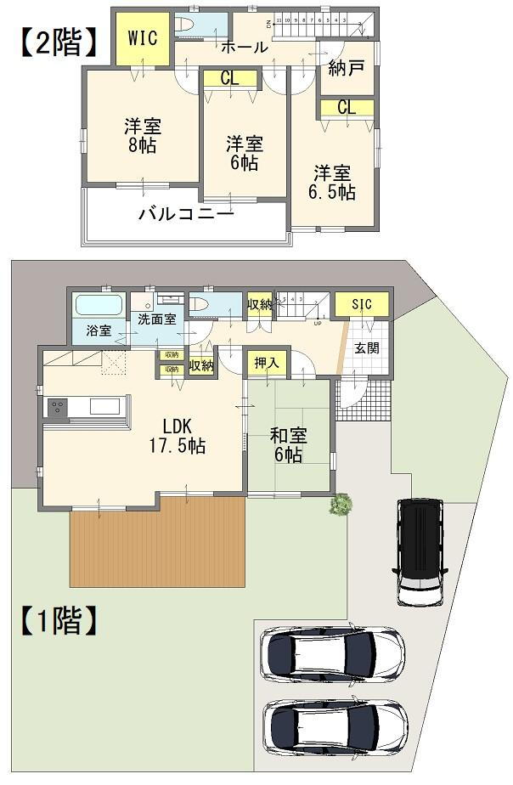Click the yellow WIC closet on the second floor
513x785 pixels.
tap(142, 38)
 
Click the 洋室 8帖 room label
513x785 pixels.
tap(142, 135)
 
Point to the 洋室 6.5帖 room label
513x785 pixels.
tap(332, 181)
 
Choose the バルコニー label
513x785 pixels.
tap(186, 213)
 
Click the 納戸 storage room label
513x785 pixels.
tap(346, 69)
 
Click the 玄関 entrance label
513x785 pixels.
tap(368, 348)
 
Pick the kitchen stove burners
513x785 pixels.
tap(57, 408)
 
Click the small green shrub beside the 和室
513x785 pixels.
tap(341, 504)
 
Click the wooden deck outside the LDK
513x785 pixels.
tap(157, 541)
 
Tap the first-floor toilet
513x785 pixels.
tap(201, 304)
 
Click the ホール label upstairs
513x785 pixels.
tap(245, 48)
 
